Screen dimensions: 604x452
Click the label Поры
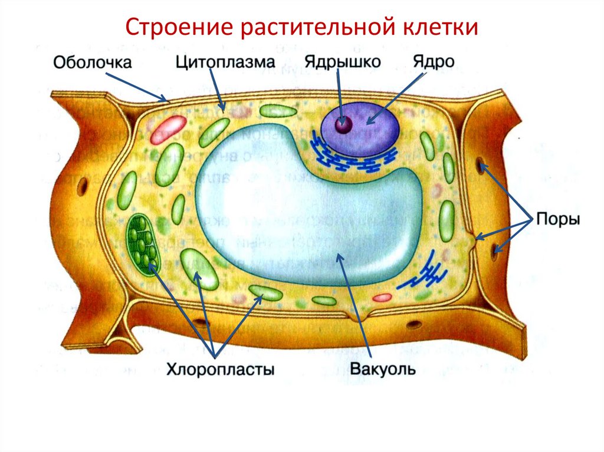558,220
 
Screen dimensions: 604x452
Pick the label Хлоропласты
221,370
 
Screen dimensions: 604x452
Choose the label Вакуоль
383,370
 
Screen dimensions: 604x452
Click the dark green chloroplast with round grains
142,242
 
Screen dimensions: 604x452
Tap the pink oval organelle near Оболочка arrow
168,130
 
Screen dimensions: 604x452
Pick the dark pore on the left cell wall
83,185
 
